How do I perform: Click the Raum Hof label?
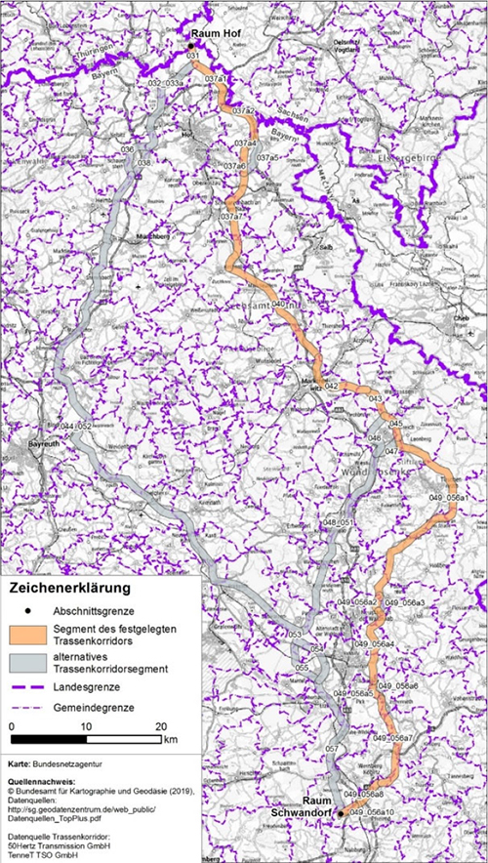click(x=215, y=33)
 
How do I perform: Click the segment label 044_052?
click(x=74, y=428)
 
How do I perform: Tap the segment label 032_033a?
click(x=166, y=84)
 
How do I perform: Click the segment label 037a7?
click(x=231, y=216)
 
